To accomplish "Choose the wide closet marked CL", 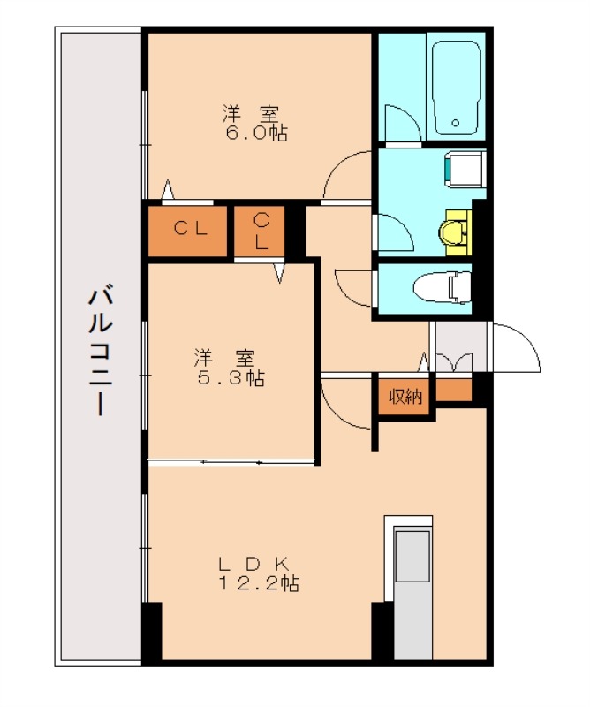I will pos(190,230).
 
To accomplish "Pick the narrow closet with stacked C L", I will pos(261,232).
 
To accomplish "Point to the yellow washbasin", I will pos(454,232).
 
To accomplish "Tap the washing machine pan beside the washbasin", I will pos(464,170).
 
